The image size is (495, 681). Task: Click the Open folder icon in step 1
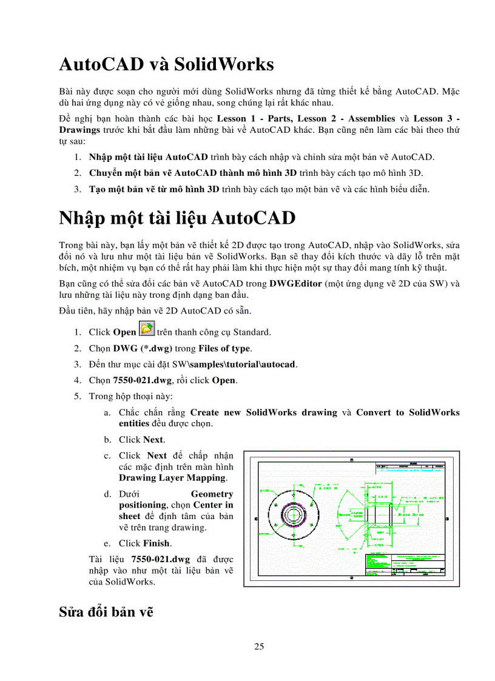tap(146, 330)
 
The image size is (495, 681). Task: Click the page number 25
tap(259, 646)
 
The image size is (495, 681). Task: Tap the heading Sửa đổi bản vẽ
tap(106, 611)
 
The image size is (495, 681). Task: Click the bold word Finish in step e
tap(157, 543)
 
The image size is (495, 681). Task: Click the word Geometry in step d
tap(212, 494)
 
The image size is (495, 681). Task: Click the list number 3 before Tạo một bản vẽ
tap(78, 189)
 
